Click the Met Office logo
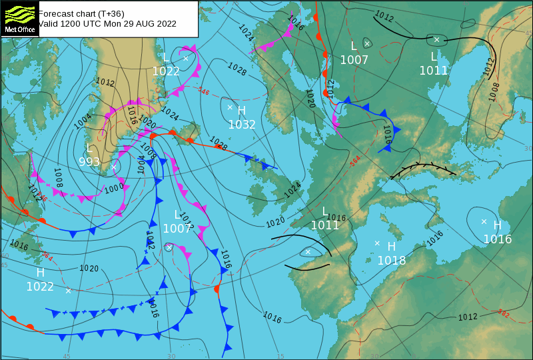[x=19, y=18]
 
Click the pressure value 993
[x=89, y=161]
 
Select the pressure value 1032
[x=242, y=124]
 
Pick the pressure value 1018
[x=392, y=260]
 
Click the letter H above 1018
[x=392, y=247]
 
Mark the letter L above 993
[x=89, y=147]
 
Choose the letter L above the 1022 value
[x=166, y=58]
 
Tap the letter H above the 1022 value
[x=40, y=273]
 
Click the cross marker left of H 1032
[x=230, y=107]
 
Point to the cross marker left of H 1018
[x=377, y=243]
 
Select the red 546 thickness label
[x=203, y=91]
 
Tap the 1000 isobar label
[x=114, y=188]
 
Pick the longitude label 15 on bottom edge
[x=280, y=356]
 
